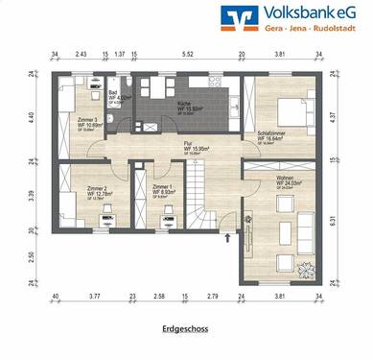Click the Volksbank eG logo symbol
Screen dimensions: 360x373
[235, 16]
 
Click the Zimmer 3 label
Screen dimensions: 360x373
[91, 121]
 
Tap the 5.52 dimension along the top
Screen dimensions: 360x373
[187, 55]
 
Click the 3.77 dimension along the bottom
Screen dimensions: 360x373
[95, 299]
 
